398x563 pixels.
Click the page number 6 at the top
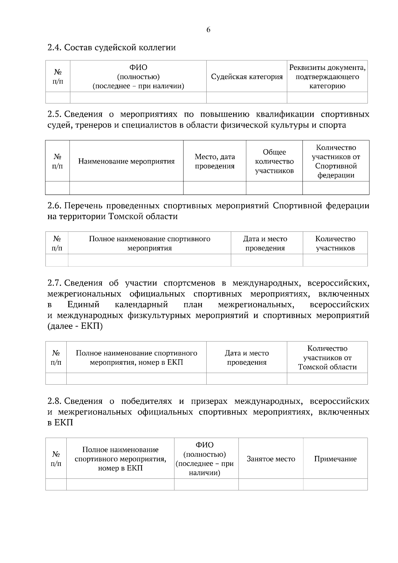[x=208, y=30]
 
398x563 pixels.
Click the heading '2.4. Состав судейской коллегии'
[x=111, y=47]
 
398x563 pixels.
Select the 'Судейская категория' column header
[x=247, y=77]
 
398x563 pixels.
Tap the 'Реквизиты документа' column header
[x=327, y=77]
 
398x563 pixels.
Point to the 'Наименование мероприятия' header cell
[x=126, y=161]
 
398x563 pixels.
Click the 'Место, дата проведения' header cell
[x=215, y=161]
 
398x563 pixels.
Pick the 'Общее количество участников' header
[x=274, y=161]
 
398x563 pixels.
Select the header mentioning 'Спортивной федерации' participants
[x=336, y=161]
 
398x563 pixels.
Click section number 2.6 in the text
[x=54, y=206]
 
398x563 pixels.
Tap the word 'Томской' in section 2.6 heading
[x=124, y=217]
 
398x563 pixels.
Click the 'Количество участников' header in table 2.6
[x=335, y=243]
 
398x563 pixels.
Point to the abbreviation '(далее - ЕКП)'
[x=75, y=326]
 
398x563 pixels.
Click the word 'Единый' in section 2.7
[x=83, y=304]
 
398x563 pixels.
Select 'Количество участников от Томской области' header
[x=327, y=357]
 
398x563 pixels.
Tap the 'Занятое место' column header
[x=271, y=459]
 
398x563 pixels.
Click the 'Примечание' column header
[x=335, y=459]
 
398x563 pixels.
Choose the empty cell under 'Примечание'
[x=335, y=484]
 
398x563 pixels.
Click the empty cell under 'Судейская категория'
[x=247, y=97]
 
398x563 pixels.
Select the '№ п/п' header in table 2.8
[x=56, y=459]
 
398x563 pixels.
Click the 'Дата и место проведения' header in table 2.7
[x=247, y=357]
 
